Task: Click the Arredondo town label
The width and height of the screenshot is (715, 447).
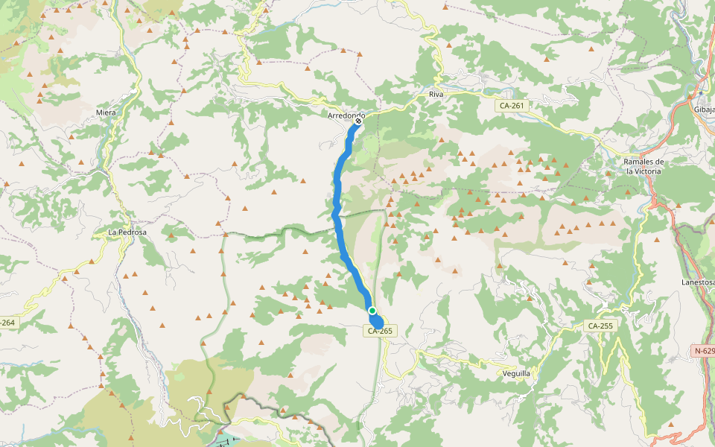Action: pos(346,115)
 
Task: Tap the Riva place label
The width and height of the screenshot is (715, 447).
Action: pos(436,95)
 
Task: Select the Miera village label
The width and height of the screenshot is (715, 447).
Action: pos(106,112)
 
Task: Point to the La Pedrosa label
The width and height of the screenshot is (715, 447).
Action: pos(127,232)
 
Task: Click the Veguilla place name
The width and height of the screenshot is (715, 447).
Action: pos(516,373)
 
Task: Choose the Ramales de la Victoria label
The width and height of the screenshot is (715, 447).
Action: pos(643,166)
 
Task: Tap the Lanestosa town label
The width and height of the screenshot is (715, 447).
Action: pos(698,282)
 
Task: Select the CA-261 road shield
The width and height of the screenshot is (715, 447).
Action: pos(512,106)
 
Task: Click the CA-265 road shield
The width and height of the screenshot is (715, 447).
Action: pos(379,330)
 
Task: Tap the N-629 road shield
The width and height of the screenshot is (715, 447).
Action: pos(703,350)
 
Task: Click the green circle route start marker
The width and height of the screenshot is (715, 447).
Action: pos(372,311)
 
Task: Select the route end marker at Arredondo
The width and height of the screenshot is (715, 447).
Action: pos(358,121)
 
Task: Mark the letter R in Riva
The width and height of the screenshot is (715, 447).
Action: pos(431,95)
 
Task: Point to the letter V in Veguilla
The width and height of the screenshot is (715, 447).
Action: pos(504,373)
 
